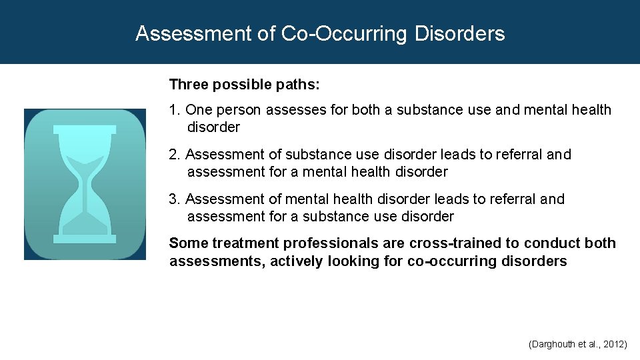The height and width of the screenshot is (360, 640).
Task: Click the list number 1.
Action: coord(174,110)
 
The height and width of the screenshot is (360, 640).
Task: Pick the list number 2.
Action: coord(174,155)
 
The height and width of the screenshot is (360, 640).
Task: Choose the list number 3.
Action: coord(174,199)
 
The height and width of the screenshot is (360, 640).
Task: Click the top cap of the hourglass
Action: coord(85,130)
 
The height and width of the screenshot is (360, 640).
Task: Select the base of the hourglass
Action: coord(85,239)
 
